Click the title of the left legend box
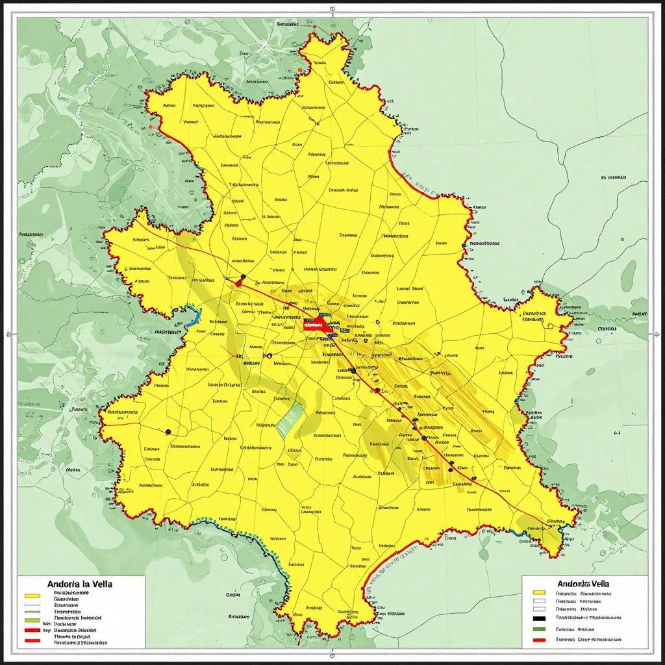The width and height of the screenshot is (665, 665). pos(81,584)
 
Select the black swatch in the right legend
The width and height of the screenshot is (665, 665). pos(538,618)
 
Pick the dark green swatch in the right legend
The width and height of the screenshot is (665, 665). pos(538,629)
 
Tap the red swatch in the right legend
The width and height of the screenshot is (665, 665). pos(538,640)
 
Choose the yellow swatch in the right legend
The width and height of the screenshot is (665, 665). pos(538,593)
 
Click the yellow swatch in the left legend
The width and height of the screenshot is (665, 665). pos(32,594)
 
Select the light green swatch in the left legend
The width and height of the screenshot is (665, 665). pos(32,621)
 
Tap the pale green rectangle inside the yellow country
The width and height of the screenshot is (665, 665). pos(290,420)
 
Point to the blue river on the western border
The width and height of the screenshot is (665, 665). pos(194,316)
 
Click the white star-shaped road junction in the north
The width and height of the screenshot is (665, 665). pos(265,45)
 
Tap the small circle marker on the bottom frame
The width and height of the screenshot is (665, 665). pos(332,652)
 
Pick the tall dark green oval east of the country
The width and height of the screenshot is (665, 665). pos(628,276)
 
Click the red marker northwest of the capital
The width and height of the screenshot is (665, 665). pos(239,282)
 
